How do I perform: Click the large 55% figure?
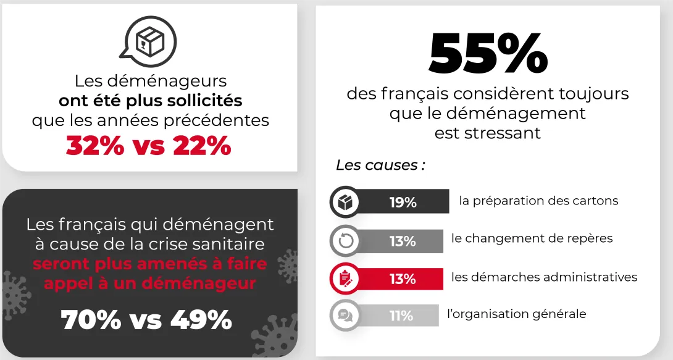(488, 54)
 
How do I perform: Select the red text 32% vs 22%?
(149, 146)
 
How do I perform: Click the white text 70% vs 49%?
(146, 320)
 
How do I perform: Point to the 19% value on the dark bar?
(403, 202)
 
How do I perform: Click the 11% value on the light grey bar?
(401, 316)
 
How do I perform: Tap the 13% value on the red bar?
(402, 278)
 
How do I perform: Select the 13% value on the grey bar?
(402, 241)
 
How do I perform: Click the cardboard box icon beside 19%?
(345, 202)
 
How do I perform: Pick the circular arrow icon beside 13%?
(345, 241)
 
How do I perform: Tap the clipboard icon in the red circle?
(345, 278)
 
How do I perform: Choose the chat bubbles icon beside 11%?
(345, 316)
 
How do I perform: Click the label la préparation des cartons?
(538, 201)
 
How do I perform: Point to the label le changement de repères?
(532, 238)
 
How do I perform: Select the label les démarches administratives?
(544, 277)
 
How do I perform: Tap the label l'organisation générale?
(516, 314)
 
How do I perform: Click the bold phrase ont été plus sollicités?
(150, 100)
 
